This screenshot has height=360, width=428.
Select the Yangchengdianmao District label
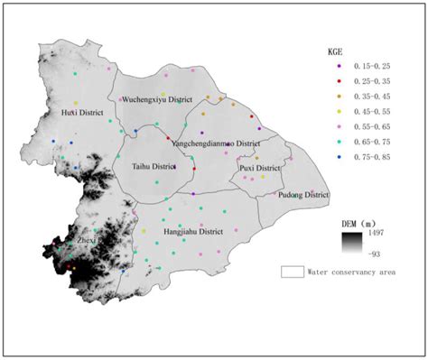[215, 143]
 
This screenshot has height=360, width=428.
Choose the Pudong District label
[303, 195]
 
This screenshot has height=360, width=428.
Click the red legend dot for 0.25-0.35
[340, 80]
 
